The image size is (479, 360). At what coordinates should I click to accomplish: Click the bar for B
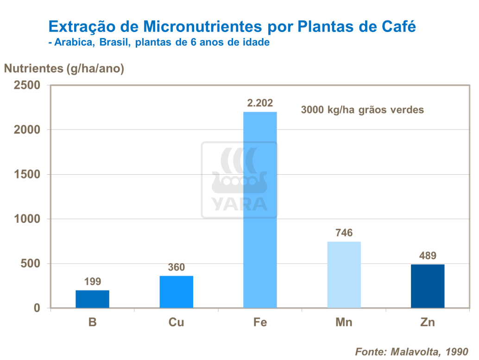92,299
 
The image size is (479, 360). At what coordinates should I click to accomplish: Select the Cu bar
176,292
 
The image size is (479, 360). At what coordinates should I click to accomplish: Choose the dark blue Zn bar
428,286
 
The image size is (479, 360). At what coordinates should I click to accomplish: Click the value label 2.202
260,103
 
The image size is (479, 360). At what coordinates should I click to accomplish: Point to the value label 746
344,233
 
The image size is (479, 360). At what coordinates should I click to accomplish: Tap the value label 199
92,282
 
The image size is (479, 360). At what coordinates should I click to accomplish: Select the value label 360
176,267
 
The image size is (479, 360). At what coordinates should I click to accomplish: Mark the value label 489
428,256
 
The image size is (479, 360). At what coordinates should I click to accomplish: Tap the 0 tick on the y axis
37,308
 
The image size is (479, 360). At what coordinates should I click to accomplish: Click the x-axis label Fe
260,322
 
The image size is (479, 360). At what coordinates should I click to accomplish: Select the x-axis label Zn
428,322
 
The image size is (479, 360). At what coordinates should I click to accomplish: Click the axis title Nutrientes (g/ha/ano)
64,69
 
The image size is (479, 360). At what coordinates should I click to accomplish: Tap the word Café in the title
399,26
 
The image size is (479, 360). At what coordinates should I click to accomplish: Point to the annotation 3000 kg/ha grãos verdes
363,110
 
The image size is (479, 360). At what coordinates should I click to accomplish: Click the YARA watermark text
239,204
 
